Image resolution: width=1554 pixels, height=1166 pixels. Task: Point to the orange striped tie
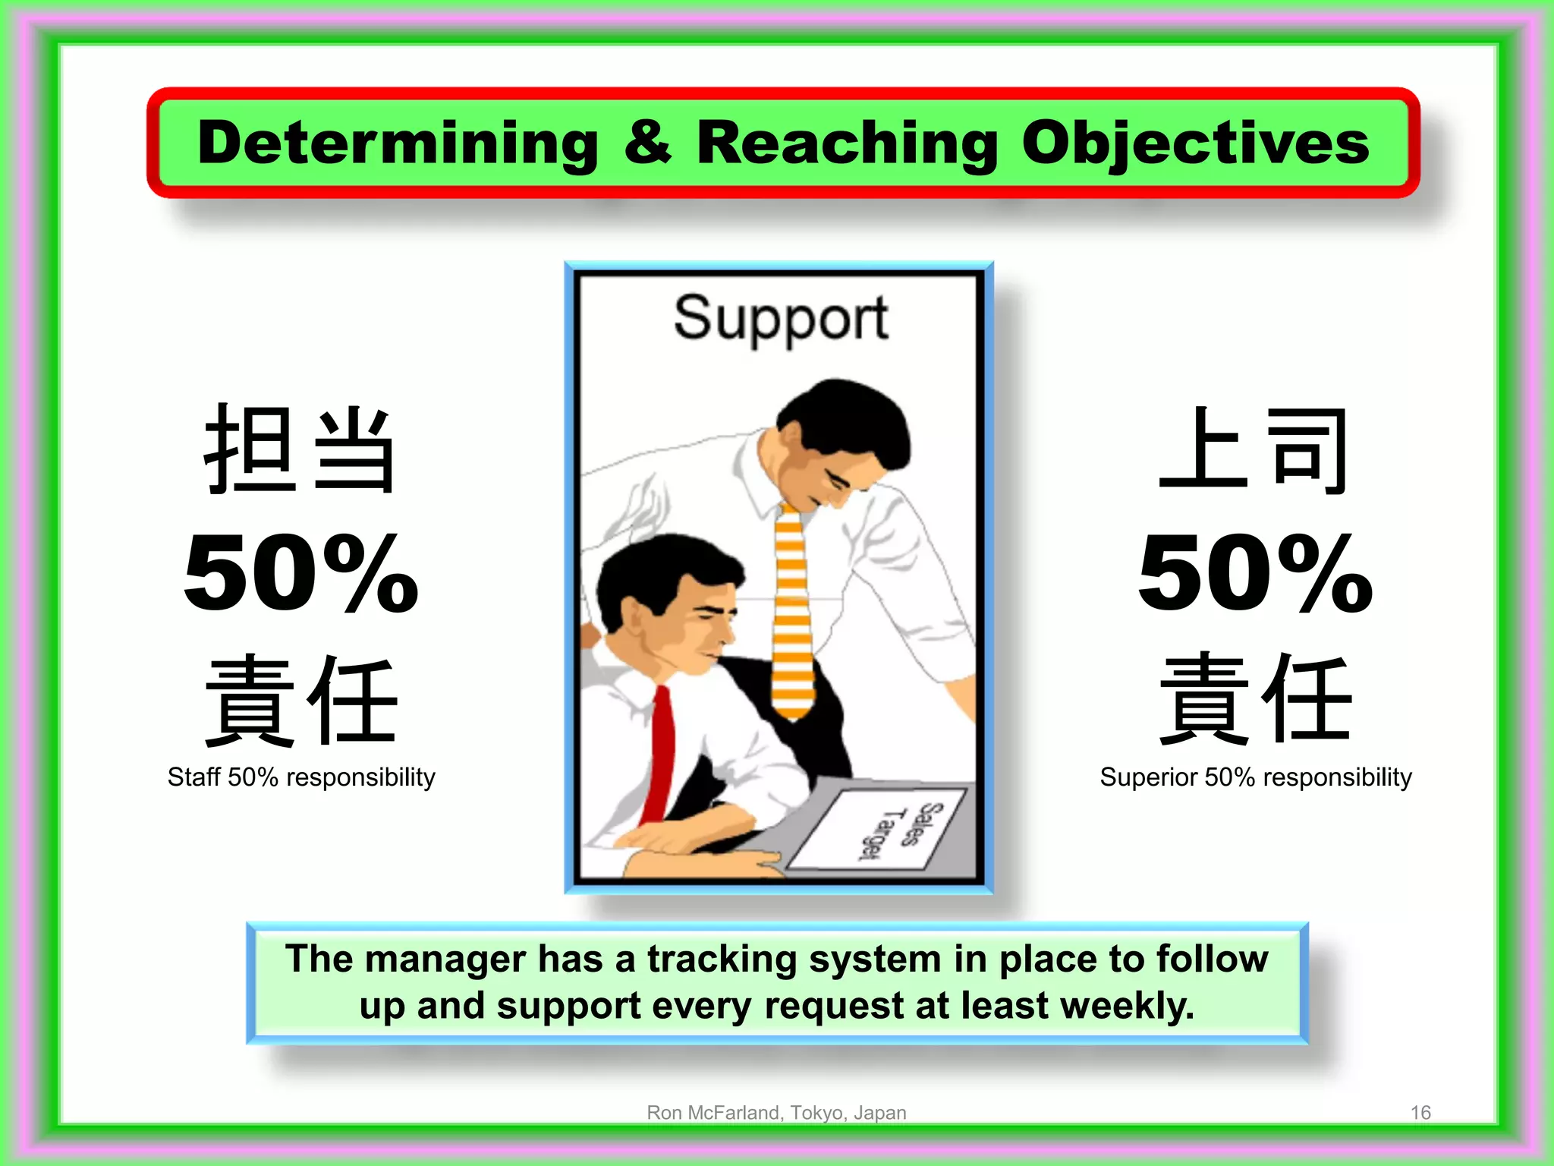[x=792, y=607]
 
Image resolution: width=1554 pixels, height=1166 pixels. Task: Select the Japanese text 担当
[x=300, y=449]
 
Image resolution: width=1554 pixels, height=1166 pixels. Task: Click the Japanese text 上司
[x=1254, y=449]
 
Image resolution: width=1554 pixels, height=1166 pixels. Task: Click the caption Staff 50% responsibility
[x=301, y=777]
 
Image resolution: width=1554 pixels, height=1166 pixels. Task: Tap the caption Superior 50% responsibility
[x=1256, y=777]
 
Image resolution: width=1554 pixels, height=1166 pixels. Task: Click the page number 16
[x=1420, y=1113]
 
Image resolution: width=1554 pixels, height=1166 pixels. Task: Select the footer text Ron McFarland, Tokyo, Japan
[x=776, y=1113]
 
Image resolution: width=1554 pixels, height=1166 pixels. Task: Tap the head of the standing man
[x=842, y=440]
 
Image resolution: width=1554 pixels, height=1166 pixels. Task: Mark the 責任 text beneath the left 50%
[x=300, y=700]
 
